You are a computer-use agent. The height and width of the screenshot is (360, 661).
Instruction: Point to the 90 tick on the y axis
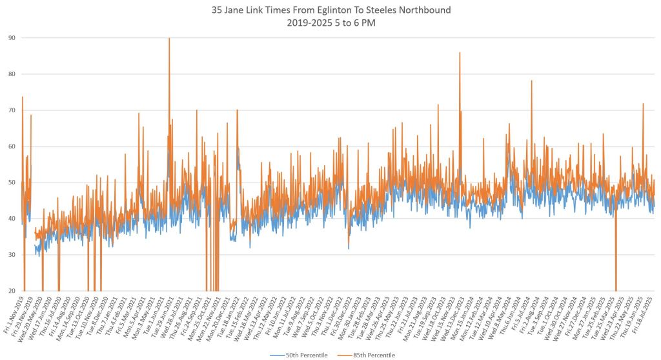point(12,38)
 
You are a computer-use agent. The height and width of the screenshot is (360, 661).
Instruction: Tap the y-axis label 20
point(12,291)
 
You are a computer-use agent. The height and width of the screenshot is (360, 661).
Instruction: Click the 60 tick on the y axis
point(12,146)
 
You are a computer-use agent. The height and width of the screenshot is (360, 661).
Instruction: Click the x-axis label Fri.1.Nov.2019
point(14,316)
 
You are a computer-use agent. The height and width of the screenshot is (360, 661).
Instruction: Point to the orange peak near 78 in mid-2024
point(531,82)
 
